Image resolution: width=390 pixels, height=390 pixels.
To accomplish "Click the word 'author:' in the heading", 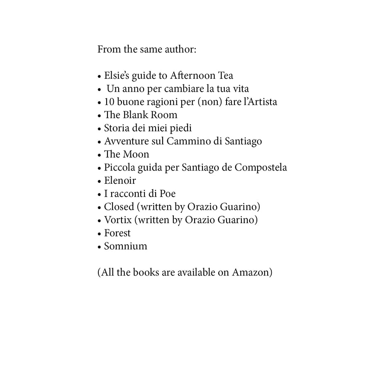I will [180, 50].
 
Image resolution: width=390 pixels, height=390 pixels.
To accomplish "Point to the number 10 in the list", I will [110, 102].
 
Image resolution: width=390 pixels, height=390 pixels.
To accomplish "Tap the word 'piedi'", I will [180, 128].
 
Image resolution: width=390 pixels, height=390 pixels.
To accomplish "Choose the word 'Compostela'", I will [261, 168].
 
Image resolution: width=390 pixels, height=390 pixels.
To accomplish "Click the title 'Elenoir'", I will [120, 181].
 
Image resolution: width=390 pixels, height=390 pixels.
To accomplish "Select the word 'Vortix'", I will [117, 220].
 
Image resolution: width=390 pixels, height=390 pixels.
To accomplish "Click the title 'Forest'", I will [117, 233].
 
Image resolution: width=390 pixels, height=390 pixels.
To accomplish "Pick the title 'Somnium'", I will [125, 246].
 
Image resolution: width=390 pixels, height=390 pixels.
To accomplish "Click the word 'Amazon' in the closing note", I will [252, 273].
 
